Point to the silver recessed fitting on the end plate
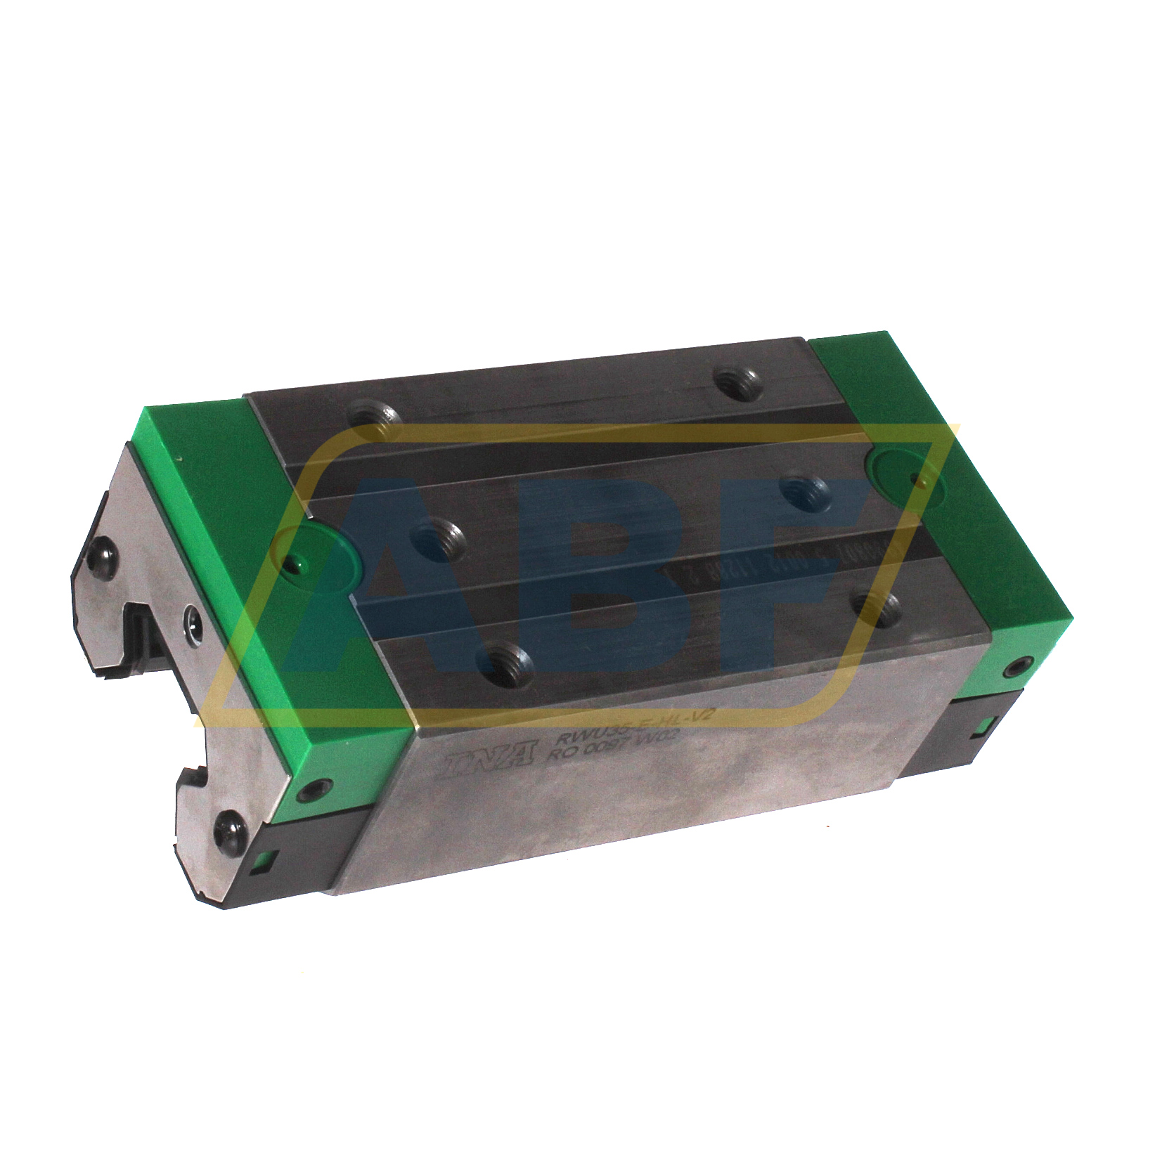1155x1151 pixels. (192, 619)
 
